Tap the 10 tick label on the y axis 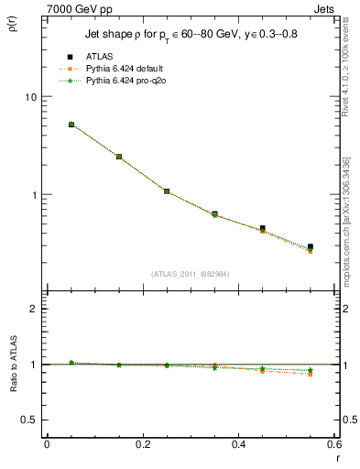pyautogui.click(x=29, y=97)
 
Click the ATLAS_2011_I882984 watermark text pyautogui.click(x=191, y=273)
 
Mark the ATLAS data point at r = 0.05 pyautogui.click(x=71, y=125)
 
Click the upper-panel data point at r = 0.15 pyautogui.click(x=119, y=157)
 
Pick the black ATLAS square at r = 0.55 pyautogui.click(x=311, y=247)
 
